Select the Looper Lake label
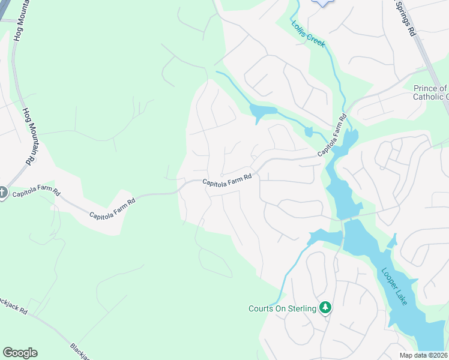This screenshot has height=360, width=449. (x=394, y=286)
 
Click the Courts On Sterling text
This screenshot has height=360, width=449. (x=282, y=309)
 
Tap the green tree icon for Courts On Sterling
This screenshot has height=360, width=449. (x=325, y=308)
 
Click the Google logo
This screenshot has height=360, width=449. (x=20, y=353)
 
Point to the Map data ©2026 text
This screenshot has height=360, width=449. (x=424, y=355)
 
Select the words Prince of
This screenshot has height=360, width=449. (x=430, y=89)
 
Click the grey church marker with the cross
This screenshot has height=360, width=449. (x=2, y=193)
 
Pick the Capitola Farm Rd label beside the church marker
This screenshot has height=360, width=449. (x=37, y=193)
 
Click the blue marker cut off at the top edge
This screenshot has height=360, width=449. (x=323, y=2)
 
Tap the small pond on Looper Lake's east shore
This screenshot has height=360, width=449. (x=393, y=241)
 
